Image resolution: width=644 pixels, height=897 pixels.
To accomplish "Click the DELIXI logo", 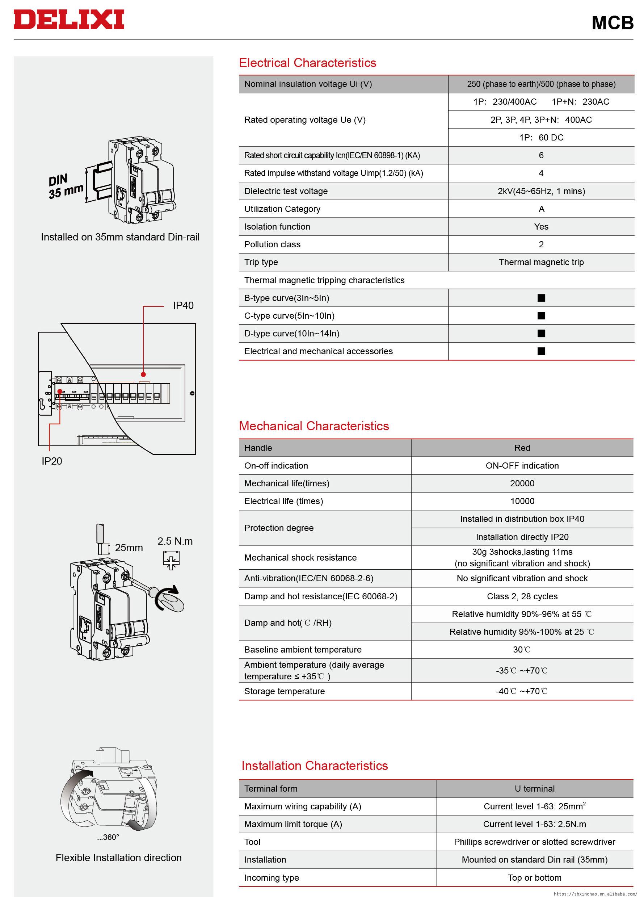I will [69, 20].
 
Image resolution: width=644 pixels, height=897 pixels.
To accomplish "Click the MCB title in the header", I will [612, 23].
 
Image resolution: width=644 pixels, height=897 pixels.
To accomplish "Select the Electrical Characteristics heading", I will [307, 63].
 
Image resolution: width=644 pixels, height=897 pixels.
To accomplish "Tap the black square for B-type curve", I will [541, 298].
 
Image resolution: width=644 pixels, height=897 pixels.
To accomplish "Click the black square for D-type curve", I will [541, 334].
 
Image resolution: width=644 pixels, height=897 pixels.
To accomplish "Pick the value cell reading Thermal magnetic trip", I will [541, 262].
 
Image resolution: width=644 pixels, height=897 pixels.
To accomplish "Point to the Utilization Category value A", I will [541, 209].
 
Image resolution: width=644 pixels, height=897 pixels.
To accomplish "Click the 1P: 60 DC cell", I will [541, 138].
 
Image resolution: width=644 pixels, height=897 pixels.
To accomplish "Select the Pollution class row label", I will [272, 244].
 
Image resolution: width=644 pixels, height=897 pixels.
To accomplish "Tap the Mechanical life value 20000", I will [522, 483].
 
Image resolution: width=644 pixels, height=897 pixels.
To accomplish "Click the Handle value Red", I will [522, 448].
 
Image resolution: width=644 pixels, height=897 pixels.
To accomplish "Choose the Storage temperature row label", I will [284, 691].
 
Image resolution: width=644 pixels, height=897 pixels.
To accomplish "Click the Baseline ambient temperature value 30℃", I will [522, 649].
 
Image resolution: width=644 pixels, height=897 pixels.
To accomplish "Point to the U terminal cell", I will [534, 788].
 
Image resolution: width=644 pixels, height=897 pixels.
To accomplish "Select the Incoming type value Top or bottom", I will [534, 877].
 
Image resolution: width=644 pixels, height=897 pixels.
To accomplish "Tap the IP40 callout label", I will [183, 305].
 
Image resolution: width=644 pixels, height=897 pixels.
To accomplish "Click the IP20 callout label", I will [52, 461].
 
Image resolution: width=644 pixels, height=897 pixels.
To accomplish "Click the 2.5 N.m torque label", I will [175, 541].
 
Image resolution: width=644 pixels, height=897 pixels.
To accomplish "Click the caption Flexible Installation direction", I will [119, 858].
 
